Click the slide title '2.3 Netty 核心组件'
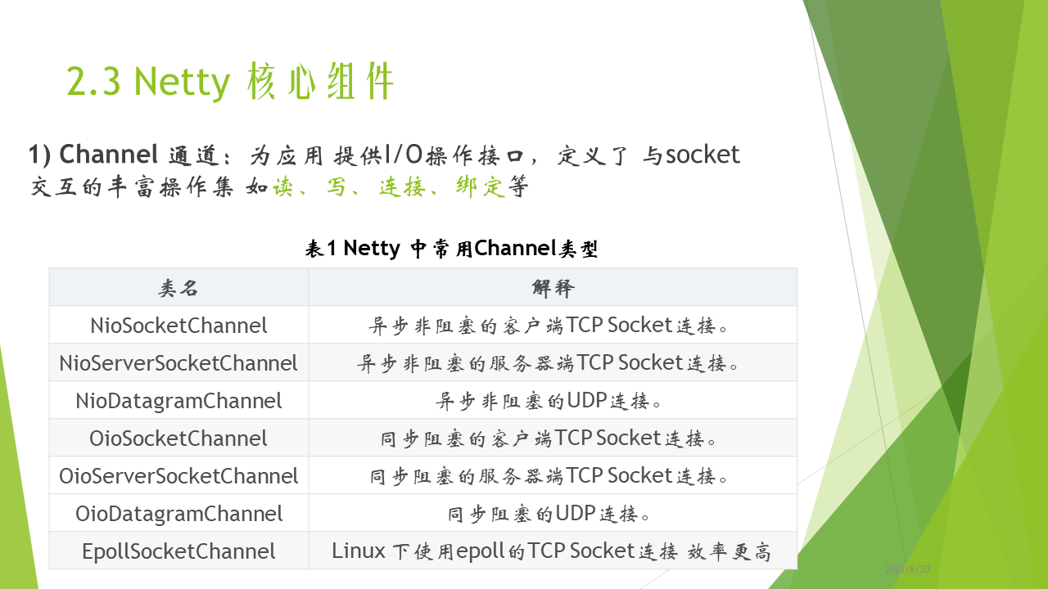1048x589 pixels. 230,82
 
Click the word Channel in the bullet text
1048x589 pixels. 109,155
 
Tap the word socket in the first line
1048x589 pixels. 702,155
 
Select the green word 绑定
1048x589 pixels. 479,187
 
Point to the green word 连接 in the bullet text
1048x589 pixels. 402,187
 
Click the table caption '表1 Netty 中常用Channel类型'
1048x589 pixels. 451,248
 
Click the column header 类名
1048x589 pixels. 178,288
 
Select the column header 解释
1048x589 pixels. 553,288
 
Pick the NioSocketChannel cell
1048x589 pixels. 178,326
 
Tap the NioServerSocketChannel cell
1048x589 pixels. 178,363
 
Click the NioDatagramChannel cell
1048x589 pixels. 178,401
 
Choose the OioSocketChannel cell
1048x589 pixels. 178,438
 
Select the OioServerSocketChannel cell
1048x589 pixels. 178,476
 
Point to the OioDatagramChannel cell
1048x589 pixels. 178,514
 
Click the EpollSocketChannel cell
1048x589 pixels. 178,551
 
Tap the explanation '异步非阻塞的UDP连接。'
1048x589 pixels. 548,401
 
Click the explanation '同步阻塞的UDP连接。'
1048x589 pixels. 549,514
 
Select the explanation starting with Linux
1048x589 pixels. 551,551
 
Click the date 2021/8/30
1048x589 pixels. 906,569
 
